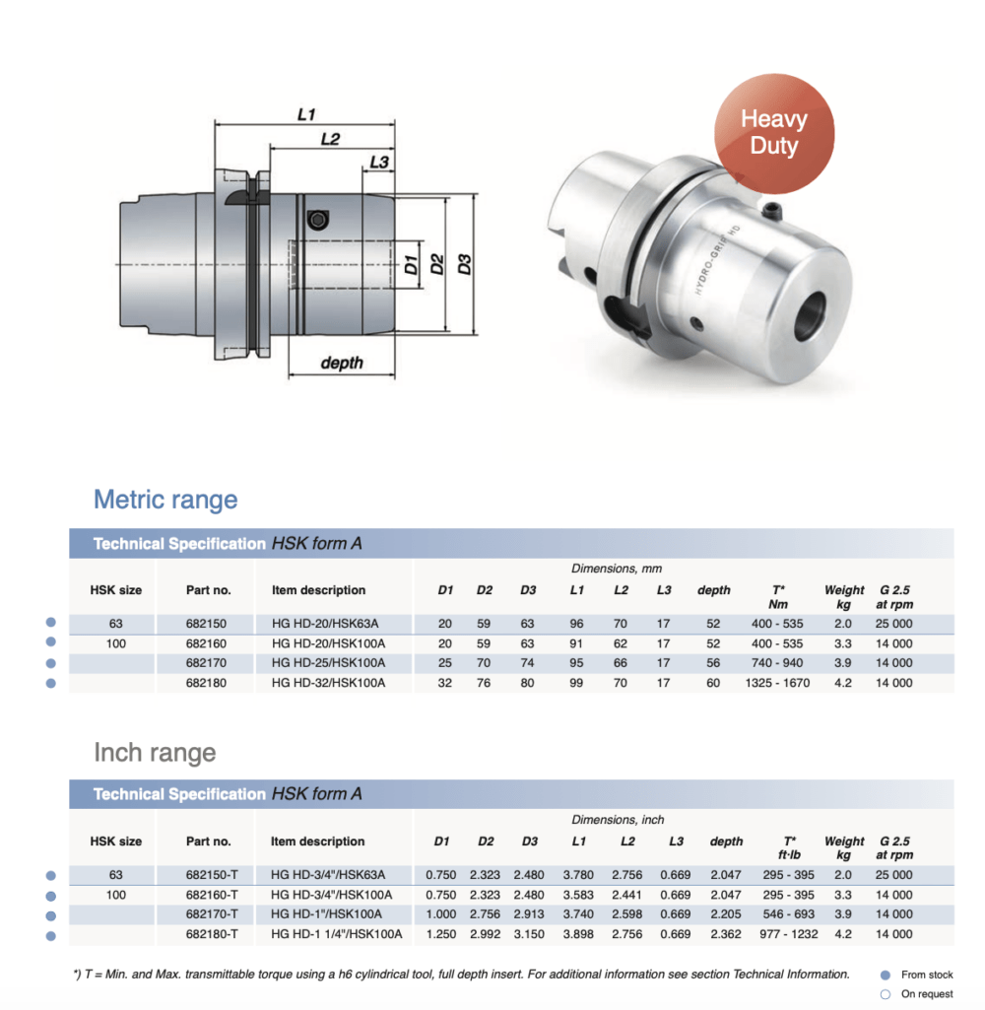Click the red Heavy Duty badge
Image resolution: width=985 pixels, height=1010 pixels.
pos(774,133)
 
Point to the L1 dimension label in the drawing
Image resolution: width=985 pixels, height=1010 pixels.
pos(306,115)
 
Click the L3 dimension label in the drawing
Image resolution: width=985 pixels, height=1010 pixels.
pos(378,162)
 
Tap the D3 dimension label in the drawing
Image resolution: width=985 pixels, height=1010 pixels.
pos(466,264)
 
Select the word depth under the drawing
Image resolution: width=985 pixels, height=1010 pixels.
pos(342,363)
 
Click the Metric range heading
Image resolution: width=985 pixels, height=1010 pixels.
pos(165,499)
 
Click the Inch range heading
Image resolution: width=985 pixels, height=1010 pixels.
pos(155,753)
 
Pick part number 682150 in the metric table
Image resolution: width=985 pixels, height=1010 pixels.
pos(206,624)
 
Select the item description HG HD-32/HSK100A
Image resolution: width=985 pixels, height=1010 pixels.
pos(328,683)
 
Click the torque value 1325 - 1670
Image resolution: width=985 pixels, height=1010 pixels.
pos(777,683)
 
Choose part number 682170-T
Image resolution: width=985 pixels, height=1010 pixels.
pos(213,914)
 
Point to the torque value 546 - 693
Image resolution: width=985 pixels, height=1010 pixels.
pos(789,914)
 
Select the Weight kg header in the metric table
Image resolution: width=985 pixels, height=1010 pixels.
pos(844,597)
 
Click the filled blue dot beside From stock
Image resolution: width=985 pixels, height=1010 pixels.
pos(885,975)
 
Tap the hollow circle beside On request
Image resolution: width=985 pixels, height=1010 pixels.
pos(885,994)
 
